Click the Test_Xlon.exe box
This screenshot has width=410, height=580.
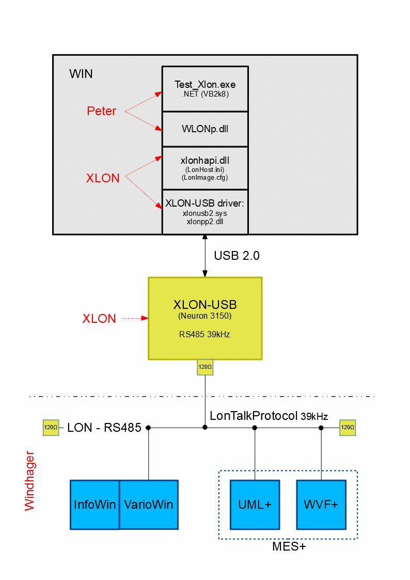click(x=205, y=88)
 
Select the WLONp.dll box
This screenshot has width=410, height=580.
click(x=205, y=129)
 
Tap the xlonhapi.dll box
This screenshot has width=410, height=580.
click(x=205, y=168)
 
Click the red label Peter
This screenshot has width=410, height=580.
click(x=101, y=111)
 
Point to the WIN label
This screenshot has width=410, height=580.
click(x=81, y=73)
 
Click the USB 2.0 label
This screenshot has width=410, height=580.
click(x=233, y=256)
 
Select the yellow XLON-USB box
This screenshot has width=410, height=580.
click(x=205, y=318)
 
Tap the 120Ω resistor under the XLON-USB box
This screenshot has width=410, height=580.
click(x=205, y=367)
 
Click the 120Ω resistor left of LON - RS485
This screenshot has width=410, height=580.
click(x=51, y=428)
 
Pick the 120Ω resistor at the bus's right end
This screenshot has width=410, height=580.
click(x=348, y=428)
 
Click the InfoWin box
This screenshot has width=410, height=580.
click(x=95, y=505)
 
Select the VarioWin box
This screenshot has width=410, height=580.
click(x=149, y=505)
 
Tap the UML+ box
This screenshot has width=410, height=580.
click(x=255, y=505)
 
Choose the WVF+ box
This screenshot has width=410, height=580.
click(x=321, y=505)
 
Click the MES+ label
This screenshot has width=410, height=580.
click(x=289, y=546)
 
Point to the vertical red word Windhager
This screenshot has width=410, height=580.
click(x=30, y=480)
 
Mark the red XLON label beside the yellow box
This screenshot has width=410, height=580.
click(x=99, y=319)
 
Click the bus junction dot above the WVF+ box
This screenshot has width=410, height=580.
click(x=321, y=428)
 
